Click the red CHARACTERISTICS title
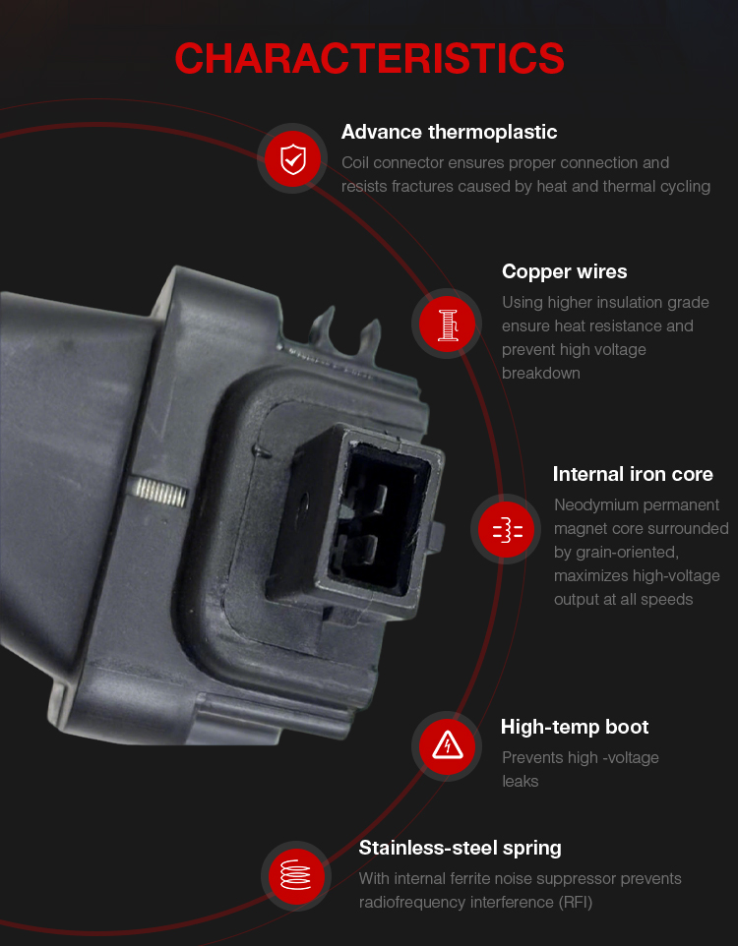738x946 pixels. click(x=369, y=59)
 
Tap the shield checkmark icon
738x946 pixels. click(x=293, y=158)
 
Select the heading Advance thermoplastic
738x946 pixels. click(x=449, y=132)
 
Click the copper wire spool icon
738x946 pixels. click(x=447, y=324)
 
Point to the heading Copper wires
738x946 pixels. click(x=564, y=271)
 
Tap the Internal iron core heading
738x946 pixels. click(x=633, y=474)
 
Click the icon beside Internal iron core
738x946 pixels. click(x=506, y=529)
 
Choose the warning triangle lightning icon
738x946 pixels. click(x=447, y=746)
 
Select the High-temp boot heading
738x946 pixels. click(x=575, y=727)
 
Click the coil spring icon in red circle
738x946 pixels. click(x=296, y=876)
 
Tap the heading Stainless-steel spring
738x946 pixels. click(x=460, y=849)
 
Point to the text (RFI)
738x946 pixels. click(x=575, y=903)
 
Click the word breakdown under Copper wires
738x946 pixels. click(x=540, y=374)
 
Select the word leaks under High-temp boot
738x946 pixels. click(x=520, y=782)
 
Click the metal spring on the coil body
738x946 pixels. click(x=159, y=491)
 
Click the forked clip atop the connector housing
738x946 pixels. click(x=345, y=331)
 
